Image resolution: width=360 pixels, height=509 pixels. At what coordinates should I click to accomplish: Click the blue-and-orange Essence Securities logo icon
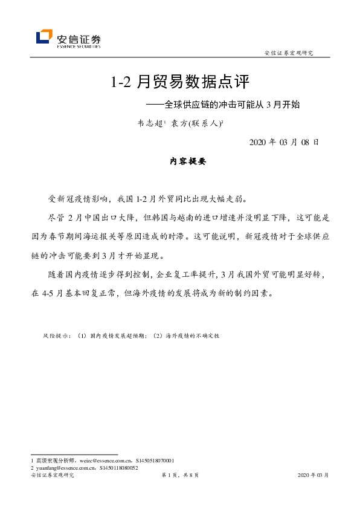click(x=43, y=37)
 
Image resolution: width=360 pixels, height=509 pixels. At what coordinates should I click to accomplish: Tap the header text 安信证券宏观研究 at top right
click(x=289, y=53)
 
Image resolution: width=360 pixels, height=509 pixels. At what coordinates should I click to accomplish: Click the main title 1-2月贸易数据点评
click(x=180, y=82)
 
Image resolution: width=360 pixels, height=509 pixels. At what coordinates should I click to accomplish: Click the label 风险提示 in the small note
click(x=56, y=334)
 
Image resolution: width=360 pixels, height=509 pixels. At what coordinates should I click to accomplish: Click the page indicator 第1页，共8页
click(x=180, y=476)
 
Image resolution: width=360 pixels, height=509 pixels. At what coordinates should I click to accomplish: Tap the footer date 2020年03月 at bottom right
click(x=313, y=476)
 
